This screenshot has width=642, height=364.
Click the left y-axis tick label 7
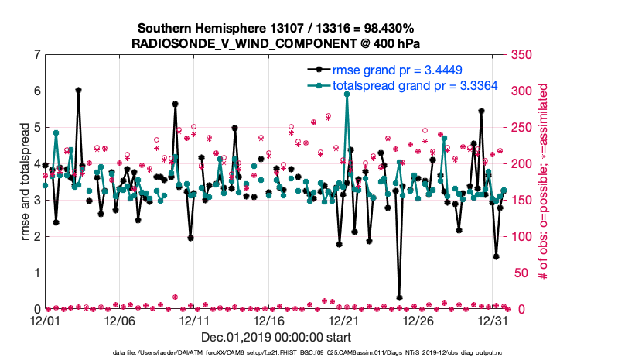pyautogui.click(x=36, y=55)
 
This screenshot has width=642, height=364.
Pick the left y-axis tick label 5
pyautogui.click(x=36, y=128)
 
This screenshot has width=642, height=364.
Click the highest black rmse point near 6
pyautogui.click(x=79, y=90)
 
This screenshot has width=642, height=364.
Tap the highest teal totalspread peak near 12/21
pyautogui.click(x=347, y=94)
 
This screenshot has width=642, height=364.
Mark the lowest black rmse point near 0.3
pyautogui.click(x=399, y=297)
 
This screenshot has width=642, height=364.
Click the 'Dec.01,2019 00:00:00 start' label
pyautogui.click(x=276, y=338)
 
